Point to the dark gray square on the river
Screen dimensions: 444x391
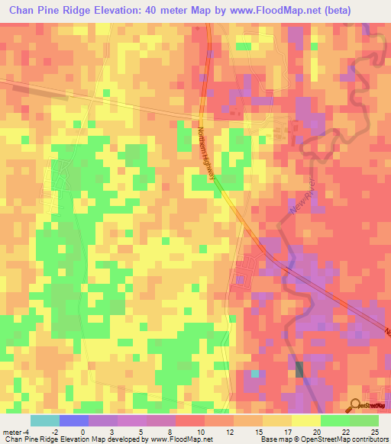[299, 369]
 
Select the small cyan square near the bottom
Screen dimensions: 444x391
[255, 374]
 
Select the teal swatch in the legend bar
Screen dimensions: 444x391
[45, 420]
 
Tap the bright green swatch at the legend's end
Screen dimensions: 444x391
[364, 420]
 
